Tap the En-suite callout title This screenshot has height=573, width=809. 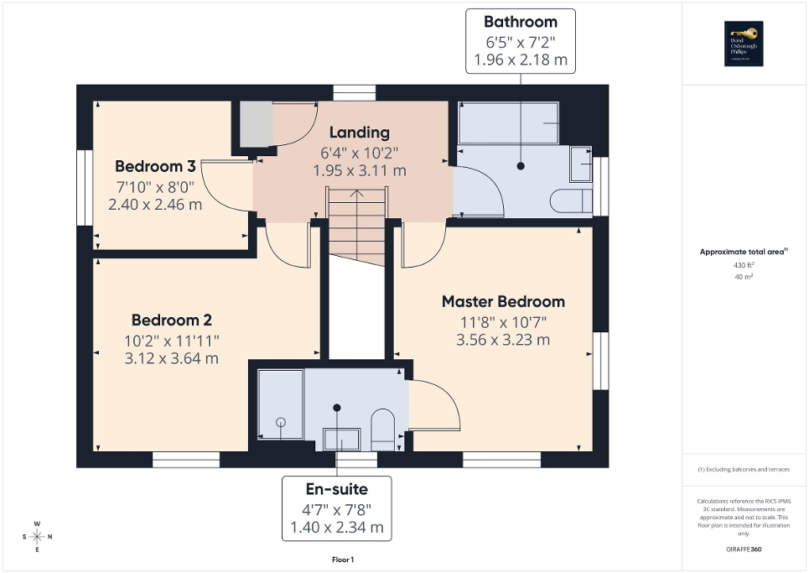point(335,488)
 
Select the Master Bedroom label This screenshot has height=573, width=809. point(503,301)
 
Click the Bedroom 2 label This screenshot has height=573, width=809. point(171,320)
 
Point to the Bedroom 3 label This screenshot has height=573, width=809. point(155,165)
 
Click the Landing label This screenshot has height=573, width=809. point(359,132)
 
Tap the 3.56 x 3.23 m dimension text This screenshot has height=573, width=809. point(503,340)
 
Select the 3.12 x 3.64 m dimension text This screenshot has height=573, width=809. point(171,358)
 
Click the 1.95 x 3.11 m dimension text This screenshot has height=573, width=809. point(359,170)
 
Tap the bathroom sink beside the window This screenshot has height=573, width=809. point(580,164)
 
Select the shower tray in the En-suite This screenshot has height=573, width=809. point(280,404)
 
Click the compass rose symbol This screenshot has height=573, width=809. point(38,536)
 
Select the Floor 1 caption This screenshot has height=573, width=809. point(344,559)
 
